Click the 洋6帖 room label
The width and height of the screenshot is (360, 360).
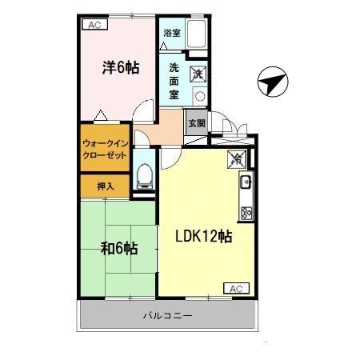point(120,68)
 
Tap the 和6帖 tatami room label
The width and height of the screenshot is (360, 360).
point(118,248)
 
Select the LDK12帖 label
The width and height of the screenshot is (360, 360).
point(204,238)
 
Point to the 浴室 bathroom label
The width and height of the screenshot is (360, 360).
point(171,33)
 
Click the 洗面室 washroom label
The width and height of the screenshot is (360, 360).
point(174,80)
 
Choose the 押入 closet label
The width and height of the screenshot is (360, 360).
point(105,186)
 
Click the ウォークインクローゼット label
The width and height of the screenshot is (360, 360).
point(105,150)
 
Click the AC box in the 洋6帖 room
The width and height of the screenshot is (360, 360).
point(94,25)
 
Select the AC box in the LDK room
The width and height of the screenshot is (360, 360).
point(234,287)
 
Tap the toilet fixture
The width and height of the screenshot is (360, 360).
point(145,174)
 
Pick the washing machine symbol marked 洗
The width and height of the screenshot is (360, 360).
point(198,74)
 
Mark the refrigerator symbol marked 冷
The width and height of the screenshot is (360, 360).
point(236,158)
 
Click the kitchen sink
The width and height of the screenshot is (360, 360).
point(246,183)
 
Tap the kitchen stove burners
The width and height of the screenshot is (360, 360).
point(246,213)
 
